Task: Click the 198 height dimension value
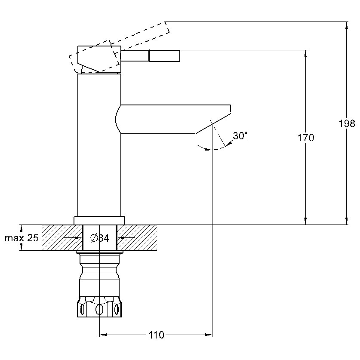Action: (x=347, y=123)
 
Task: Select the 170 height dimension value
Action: (x=305, y=138)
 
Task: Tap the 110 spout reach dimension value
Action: (x=157, y=335)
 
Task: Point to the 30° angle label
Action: (x=240, y=135)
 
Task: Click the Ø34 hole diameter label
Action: (x=100, y=238)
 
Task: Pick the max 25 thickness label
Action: (x=22, y=238)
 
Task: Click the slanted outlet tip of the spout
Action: (x=213, y=123)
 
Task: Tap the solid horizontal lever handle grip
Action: (x=164, y=56)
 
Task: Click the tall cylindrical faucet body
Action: (x=99, y=145)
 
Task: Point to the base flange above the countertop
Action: (x=99, y=220)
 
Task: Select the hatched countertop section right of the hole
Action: (x=137, y=237)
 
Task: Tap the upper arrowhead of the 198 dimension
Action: (x=347, y=25)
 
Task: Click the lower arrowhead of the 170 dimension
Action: (x=305, y=221)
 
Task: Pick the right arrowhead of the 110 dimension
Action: (x=209, y=335)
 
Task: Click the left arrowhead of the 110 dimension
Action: (x=103, y=335)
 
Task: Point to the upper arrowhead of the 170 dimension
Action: (x=305, y=54)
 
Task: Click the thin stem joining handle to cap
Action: (x=135, y=56)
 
